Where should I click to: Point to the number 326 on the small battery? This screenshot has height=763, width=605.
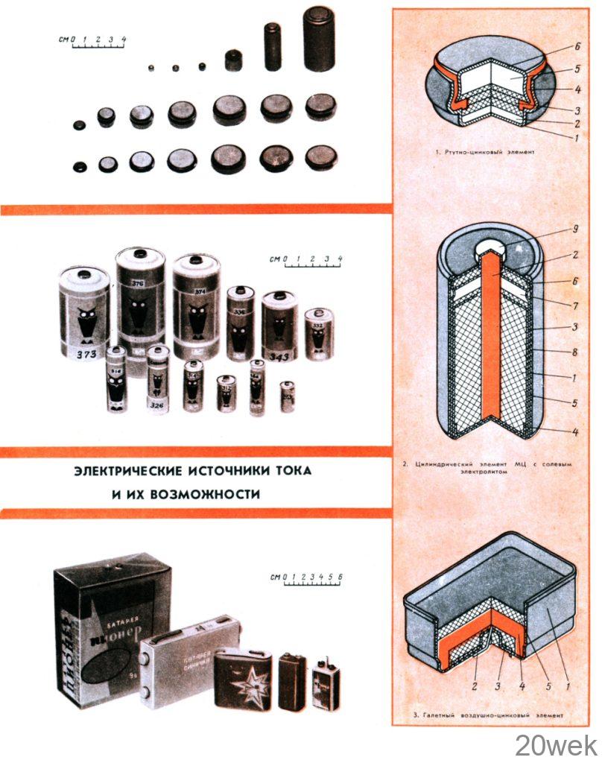156,405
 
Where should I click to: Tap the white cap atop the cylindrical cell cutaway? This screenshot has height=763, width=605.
492,248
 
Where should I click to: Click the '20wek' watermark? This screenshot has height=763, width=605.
556,744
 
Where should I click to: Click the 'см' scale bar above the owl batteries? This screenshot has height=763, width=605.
305,260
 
